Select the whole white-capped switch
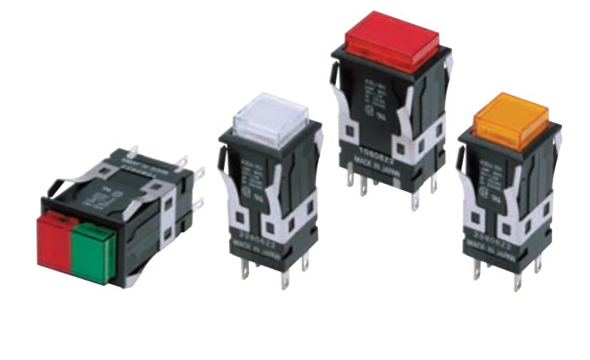coord(270,192)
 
